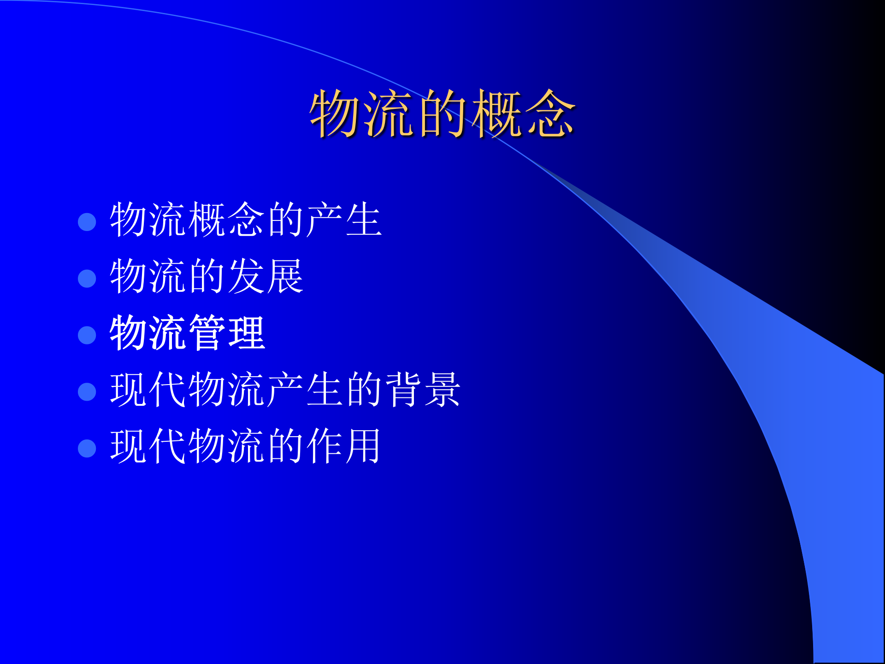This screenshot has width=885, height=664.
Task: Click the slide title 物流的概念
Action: coord(442,114)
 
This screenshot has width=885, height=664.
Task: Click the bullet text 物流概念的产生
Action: coord(246,220)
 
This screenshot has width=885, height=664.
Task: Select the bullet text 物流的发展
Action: coord(206,277)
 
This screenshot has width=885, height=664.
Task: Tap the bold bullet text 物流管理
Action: coord(187,333)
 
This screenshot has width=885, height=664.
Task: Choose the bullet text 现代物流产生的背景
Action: coord(285,390)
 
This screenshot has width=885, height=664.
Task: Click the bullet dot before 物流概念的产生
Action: coord(87,222)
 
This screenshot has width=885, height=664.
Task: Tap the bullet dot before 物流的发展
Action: coord(87,279)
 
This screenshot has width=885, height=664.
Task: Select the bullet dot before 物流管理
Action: coord(87,335)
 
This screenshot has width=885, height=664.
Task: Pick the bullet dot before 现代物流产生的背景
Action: coord(87,392)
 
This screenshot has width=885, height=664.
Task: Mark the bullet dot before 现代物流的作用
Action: coord(87,448)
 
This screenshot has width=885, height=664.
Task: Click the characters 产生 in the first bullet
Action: coord(344,220)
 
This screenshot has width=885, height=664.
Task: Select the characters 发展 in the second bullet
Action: coord(265,277)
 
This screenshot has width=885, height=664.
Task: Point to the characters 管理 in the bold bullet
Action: coord(226,333)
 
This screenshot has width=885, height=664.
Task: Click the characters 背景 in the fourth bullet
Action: coord(423,390)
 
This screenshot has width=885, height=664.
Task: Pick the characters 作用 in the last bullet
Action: coord(344,446)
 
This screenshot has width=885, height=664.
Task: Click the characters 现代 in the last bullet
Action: coord(148,446)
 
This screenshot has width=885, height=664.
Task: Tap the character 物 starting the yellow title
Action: coord(335,114)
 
